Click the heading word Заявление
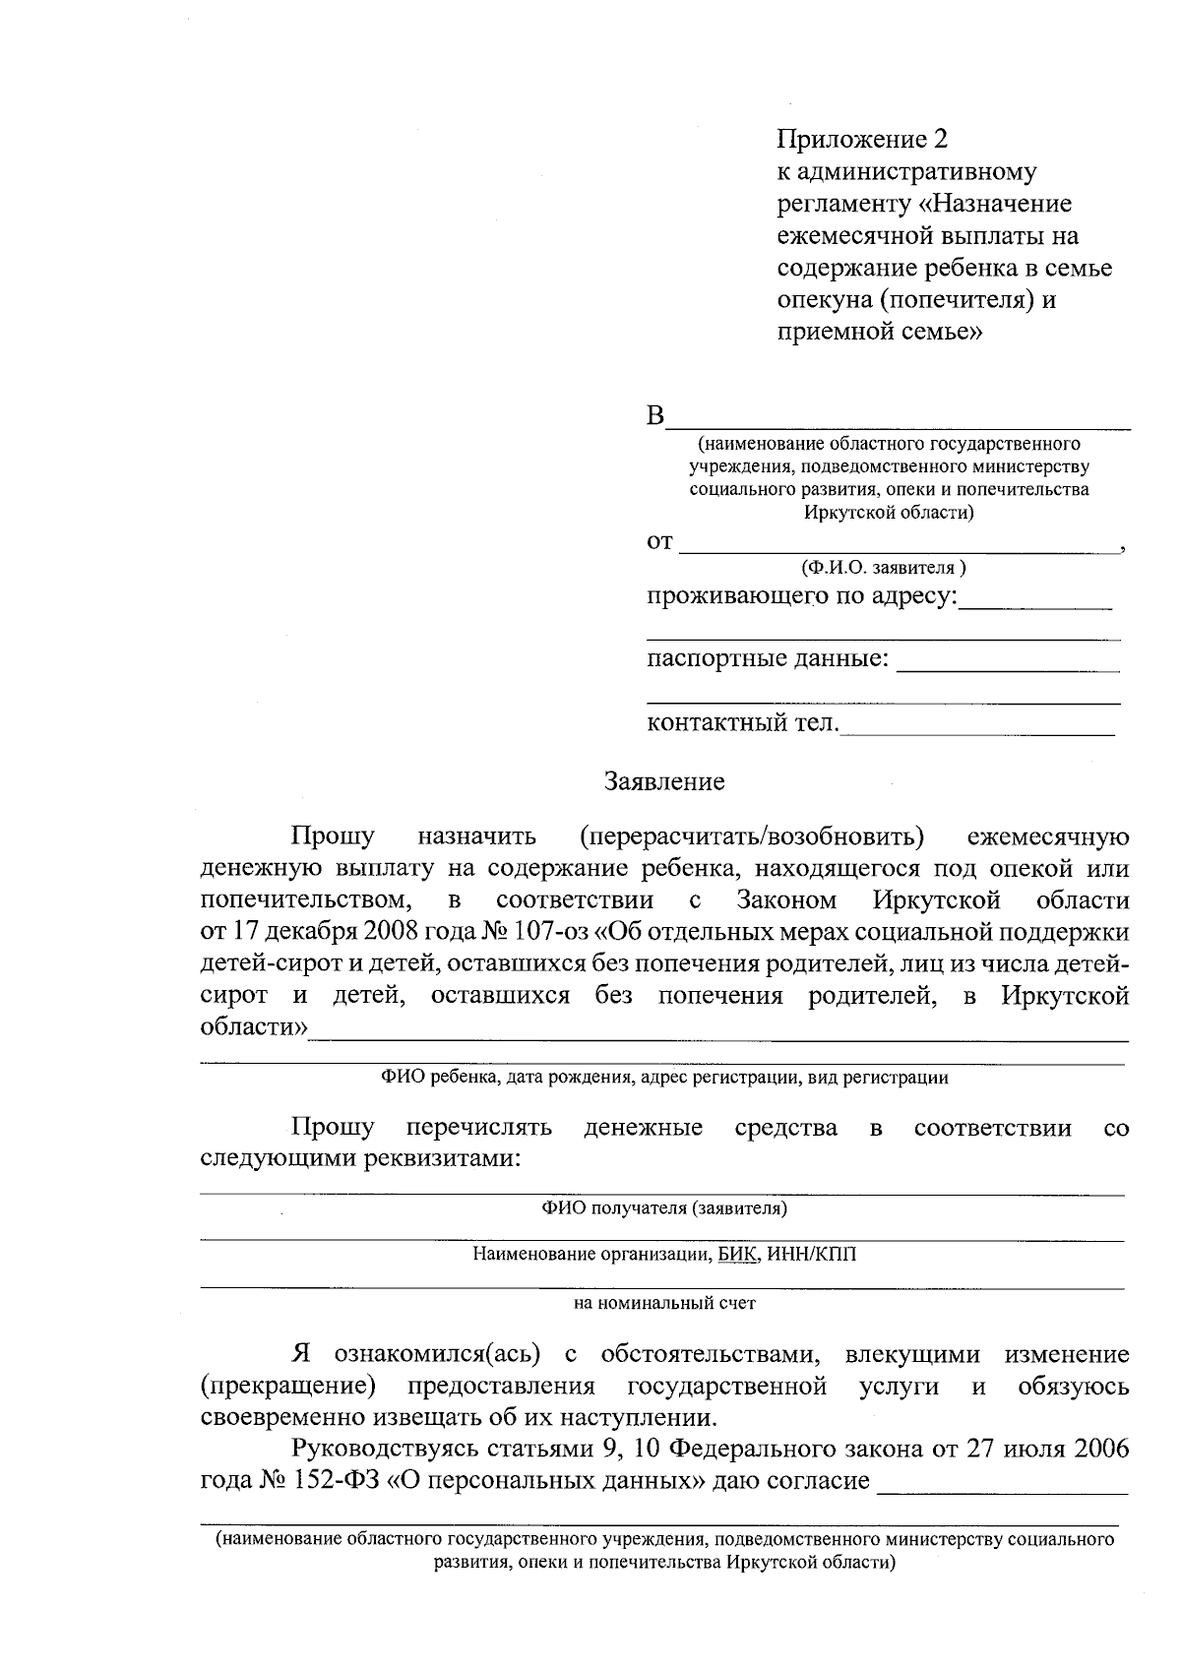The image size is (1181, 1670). click(x=664, y=782)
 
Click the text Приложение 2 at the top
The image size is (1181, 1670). click(x=861, y=139)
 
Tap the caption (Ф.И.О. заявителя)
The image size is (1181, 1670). click(x=883, y=568)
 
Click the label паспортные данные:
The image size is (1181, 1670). click(x=768, y=658)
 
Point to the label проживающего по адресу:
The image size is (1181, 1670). click(x=801, y=596)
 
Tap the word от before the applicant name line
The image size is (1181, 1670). click(x=659, y=541)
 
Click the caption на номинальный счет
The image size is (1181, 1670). click(x=664, y=1303)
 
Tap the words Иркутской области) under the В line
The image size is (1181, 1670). click(x=888, y=512)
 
